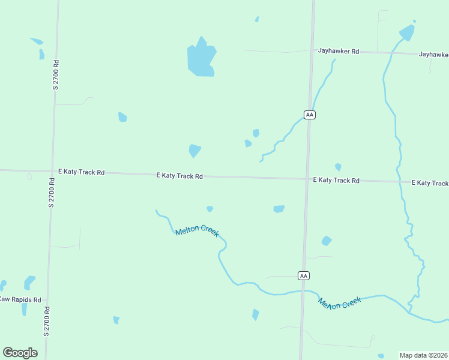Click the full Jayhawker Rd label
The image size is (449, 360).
339,52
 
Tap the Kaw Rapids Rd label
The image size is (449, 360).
20,299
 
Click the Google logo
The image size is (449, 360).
20,353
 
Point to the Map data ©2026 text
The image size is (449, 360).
423,355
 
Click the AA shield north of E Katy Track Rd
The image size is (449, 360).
309,115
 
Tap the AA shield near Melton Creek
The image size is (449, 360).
304,275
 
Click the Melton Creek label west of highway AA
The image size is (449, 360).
197,230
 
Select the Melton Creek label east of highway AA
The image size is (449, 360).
340,303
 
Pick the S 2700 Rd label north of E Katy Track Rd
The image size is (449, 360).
55,74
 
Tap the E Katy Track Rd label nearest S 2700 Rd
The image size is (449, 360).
82,172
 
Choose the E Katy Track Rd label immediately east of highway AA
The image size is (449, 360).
336,180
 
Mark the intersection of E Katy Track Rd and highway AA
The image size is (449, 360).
307,178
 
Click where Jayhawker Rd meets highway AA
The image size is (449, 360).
312,51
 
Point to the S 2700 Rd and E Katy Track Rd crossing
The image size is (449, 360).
52,171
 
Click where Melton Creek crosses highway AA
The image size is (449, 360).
303,291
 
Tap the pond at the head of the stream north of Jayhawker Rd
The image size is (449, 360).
408,32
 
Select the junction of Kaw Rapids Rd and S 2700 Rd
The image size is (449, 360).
46,299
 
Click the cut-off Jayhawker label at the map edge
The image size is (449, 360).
434,54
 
